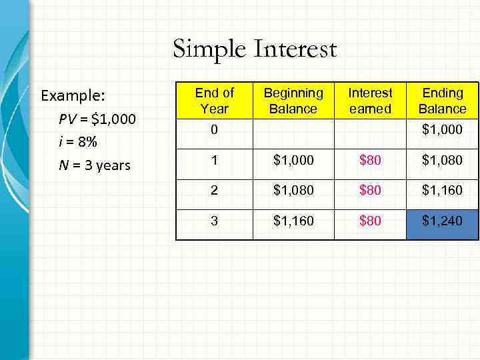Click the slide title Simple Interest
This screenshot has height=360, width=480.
255,49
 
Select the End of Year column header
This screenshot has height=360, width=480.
214,101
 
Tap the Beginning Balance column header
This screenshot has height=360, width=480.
293,101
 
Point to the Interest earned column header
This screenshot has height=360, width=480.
371,101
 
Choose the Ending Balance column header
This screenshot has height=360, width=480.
442,101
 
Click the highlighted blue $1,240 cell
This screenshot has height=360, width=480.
442,221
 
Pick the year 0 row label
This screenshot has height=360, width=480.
213,130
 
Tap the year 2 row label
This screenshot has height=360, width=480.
213,190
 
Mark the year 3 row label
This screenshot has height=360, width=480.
213,221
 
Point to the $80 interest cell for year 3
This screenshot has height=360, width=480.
371,221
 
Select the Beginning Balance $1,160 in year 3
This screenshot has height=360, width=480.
293,221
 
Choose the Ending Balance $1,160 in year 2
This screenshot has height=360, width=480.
442,190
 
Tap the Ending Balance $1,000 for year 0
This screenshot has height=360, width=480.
442,130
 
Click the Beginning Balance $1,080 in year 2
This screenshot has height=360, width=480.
293,190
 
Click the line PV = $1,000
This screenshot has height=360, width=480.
97,119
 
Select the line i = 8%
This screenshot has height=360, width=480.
78,143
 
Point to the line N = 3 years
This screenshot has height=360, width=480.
94,165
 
